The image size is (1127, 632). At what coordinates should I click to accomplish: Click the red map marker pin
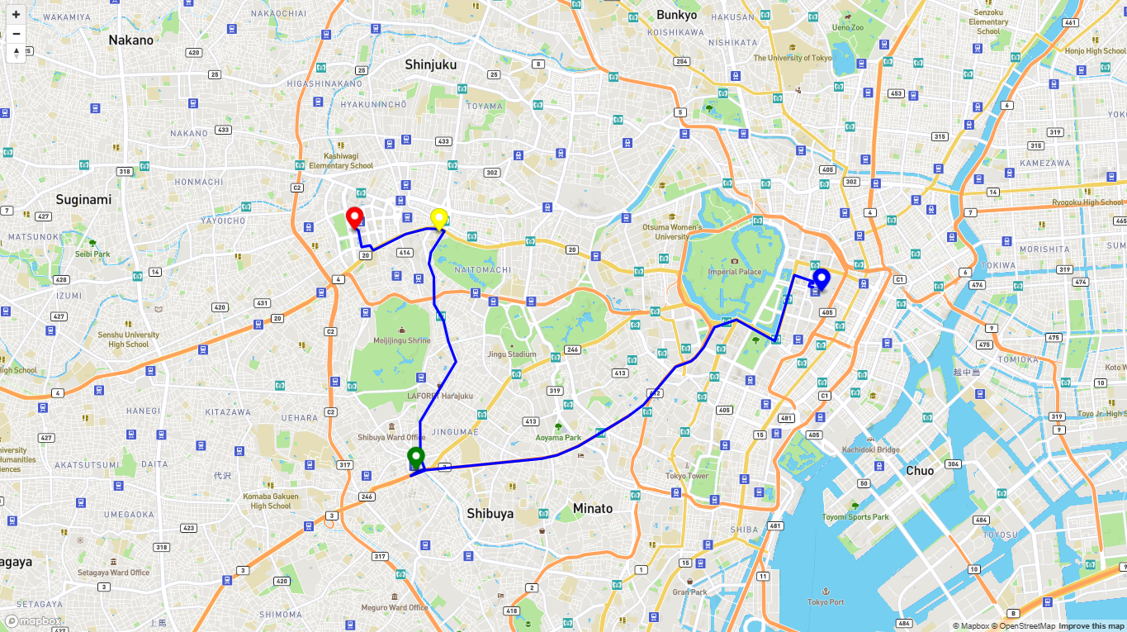355,218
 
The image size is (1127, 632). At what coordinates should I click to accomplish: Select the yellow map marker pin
439,218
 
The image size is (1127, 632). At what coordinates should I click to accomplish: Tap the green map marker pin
415,456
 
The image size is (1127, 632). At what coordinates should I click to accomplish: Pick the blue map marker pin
821,278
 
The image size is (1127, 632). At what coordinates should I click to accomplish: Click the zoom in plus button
16,14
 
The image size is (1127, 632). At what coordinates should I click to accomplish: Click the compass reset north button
16,54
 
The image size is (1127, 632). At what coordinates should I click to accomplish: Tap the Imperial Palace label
734,272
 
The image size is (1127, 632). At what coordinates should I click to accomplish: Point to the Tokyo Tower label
687,476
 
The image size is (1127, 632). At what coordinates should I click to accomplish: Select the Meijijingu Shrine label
402,340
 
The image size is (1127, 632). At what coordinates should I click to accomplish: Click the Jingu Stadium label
511,354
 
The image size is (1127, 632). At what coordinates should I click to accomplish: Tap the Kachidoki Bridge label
870,449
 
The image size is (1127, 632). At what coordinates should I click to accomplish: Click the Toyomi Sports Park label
855,517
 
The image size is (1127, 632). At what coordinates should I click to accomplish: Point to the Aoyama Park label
558,438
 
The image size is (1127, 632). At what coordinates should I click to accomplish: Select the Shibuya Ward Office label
391,437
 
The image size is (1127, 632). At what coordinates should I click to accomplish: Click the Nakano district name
131,40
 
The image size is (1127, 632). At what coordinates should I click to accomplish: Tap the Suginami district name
83,199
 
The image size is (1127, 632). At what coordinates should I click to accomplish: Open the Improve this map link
1091,626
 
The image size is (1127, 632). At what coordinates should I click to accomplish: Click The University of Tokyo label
793,58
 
